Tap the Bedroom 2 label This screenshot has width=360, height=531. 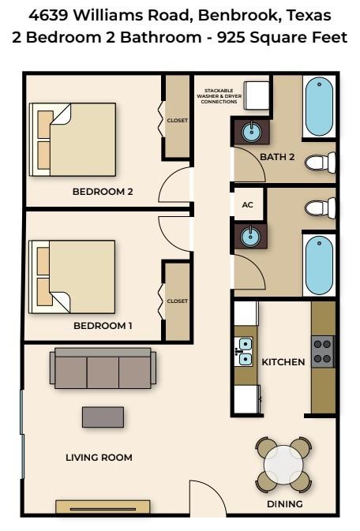click(102, 191)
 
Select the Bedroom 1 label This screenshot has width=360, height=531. click(102, 325)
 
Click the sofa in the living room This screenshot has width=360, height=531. click(101, 369)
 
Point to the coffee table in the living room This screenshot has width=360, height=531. click(103, 417)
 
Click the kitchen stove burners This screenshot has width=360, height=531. click(322, 351)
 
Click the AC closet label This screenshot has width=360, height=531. click(247, 204)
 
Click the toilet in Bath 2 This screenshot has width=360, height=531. click(320, 163)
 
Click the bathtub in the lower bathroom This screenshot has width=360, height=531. click(320, 264)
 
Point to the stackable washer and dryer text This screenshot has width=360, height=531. click(219, 96)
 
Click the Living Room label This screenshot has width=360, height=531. click(99, 457)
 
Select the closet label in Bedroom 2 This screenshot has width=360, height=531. click(177, 121)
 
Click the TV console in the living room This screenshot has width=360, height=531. click(103, 507)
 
